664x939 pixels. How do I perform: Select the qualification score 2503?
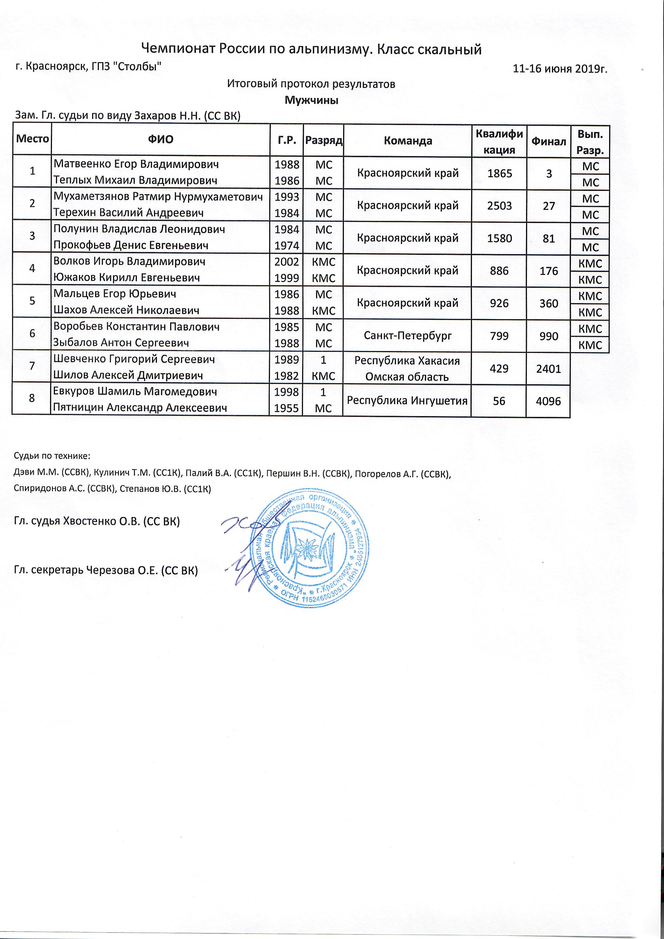pyautogui.click(x=500, y=205)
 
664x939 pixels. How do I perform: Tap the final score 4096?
pyautogui.click(x=548, y=401)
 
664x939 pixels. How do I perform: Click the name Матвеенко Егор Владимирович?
pyautogui.click(x=136, y=164)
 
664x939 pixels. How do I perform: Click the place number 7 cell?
pyautogui.click(x=32, y=366)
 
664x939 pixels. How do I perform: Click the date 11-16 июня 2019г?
pyautogui.click(x=560, y=69)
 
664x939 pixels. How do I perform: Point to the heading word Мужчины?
pyautogui.click(x=311, y=100)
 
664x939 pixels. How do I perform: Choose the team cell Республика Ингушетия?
pyautogui.click(x=407, y=401)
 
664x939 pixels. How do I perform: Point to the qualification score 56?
pyautogui.click(x=499, y=401)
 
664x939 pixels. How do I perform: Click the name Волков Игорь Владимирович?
pyautogui.click(x=129, y=261)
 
